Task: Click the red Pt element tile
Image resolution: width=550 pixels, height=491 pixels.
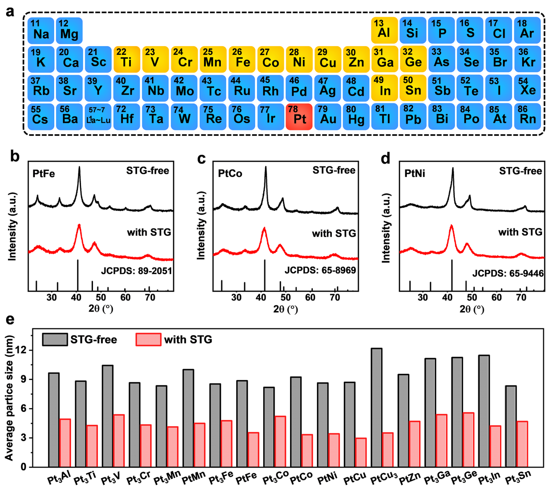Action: click(x=299, y=117)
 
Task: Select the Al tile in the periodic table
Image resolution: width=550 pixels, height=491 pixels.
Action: click(x=384, y=30)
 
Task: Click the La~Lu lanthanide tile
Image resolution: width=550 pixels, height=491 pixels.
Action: click(x=98, y=117)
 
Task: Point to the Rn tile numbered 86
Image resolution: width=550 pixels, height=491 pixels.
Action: click(x=527, y=117)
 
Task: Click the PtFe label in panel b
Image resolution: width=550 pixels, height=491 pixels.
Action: click(x=44, y=174)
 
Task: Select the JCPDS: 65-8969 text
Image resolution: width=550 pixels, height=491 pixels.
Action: click(x=320, y=270)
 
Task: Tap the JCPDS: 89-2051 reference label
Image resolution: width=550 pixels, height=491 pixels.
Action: click(x=136, y=271)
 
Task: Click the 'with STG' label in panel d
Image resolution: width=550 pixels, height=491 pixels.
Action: click(x=520, y=232)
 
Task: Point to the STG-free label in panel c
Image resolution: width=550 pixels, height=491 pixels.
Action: click(x=334, y=170)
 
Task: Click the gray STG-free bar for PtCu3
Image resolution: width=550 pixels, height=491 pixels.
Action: click(x=376, y=407)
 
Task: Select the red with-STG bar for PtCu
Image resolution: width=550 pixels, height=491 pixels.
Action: click(x=360, y=452)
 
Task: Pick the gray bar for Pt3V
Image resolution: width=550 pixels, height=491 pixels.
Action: click(x=108, y=416)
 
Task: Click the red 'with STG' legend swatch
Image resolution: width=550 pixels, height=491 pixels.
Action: click(x=149, y=340)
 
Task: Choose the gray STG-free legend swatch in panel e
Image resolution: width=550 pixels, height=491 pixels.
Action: click(x=55, y=340)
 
